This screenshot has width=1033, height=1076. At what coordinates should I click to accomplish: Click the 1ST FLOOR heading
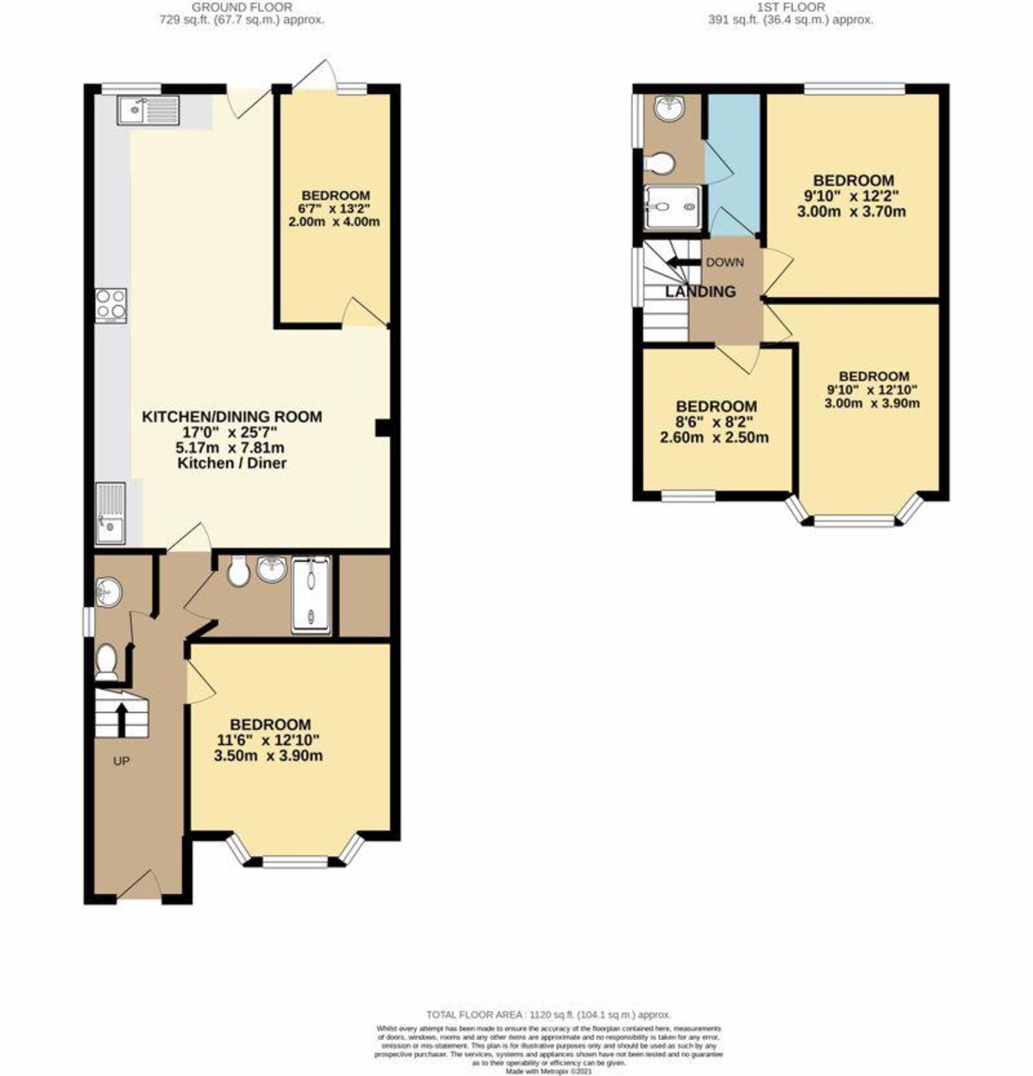coord(790,7)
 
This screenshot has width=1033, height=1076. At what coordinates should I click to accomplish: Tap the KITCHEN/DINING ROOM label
coord(231,417)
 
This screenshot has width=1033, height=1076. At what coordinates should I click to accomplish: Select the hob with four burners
coord(111,305)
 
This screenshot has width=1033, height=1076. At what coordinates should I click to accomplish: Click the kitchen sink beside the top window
coord(148,110)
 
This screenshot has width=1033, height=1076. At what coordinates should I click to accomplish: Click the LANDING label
coord(700,291)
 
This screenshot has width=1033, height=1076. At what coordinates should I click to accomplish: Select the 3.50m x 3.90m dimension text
coord(268,756)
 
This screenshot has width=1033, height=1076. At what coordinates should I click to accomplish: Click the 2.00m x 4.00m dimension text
coord(334,221)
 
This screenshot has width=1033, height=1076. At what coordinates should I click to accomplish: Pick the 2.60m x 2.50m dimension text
coord(715,438)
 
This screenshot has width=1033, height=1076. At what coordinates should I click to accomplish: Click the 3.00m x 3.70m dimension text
coord(851,213)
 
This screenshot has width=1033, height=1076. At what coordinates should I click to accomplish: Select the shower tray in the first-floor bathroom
coord(672,208)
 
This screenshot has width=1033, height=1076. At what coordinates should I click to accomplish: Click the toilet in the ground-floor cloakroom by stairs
coord(107,661)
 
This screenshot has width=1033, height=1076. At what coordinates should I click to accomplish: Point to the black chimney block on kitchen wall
coord(382,429)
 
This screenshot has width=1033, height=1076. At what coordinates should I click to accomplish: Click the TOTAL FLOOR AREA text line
coord(548,1014)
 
